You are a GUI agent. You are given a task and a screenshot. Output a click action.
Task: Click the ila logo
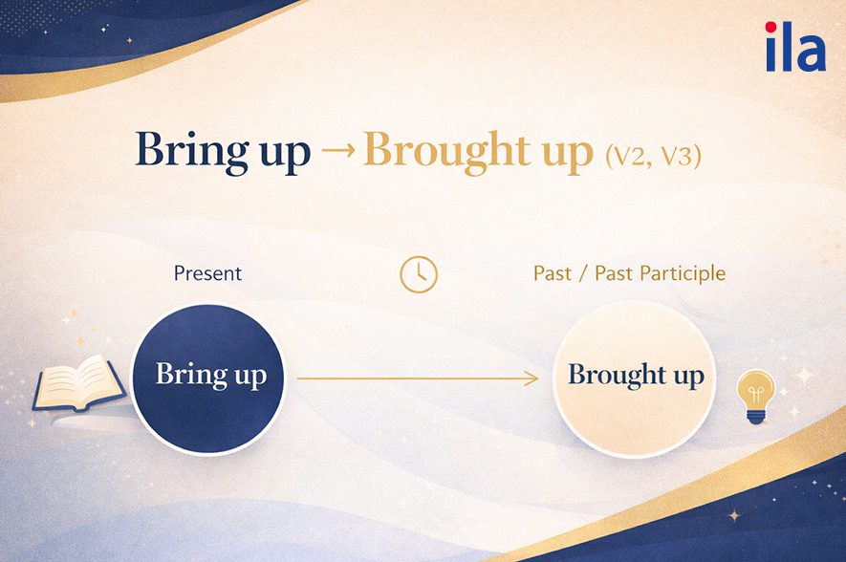pos(795,47)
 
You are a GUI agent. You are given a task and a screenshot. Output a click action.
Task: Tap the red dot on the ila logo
pos(771,27)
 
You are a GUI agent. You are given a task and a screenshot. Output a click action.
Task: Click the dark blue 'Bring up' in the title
pos(223,152)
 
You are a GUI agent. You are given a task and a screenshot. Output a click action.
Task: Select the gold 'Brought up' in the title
pos(479,152)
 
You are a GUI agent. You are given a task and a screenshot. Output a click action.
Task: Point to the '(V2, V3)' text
pos(654,157)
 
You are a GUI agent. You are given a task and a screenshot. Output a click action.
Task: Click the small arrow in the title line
pos(338,149)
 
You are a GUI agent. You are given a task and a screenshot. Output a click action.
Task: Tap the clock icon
pos(419,274)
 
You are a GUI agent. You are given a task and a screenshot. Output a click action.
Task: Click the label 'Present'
pos(207,273)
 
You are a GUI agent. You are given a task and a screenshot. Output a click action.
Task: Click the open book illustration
pos(80,384)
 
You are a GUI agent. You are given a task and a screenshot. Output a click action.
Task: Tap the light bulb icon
pos(756,397)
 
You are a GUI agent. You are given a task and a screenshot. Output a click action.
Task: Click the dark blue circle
pos(208,378)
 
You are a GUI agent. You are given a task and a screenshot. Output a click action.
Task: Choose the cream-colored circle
pos(635,379)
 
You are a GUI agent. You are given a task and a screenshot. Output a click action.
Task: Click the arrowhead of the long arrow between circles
pos(533,378)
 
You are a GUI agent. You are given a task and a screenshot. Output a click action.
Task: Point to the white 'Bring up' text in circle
pos(211,375)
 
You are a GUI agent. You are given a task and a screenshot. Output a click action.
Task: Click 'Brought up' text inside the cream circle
pos(636,375)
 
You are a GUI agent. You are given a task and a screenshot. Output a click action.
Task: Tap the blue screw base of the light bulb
pos(756,416)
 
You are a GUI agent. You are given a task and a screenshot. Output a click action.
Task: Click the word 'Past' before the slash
pos(552,273)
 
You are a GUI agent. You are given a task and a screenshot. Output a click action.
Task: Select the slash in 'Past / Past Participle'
pos(583,274)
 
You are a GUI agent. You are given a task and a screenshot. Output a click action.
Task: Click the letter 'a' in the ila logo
pos(810,53)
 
